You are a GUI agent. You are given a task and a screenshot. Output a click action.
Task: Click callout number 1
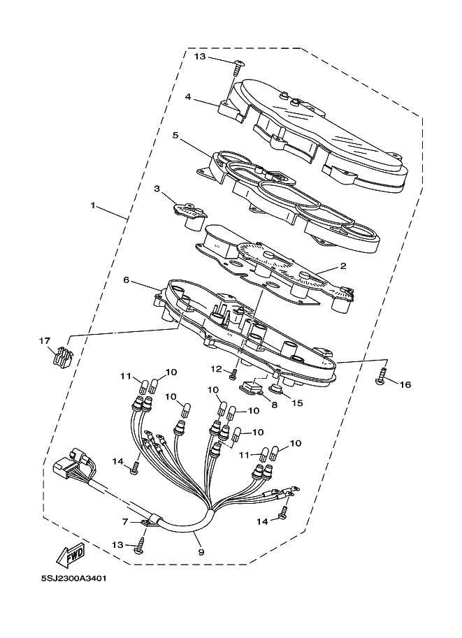93,206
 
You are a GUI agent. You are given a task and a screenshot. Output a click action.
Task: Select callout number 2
343,266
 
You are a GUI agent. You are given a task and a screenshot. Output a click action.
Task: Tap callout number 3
157,189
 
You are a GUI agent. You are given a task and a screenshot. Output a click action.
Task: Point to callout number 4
188,98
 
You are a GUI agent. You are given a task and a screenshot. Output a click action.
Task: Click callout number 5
176,135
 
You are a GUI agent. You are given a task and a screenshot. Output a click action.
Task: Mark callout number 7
125,521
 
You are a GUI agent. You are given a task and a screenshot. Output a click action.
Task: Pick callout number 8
274,404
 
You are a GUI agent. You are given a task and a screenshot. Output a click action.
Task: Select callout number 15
298,403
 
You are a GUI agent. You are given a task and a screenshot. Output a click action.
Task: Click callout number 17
45,341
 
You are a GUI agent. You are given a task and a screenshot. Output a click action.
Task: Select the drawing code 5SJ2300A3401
73,578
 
